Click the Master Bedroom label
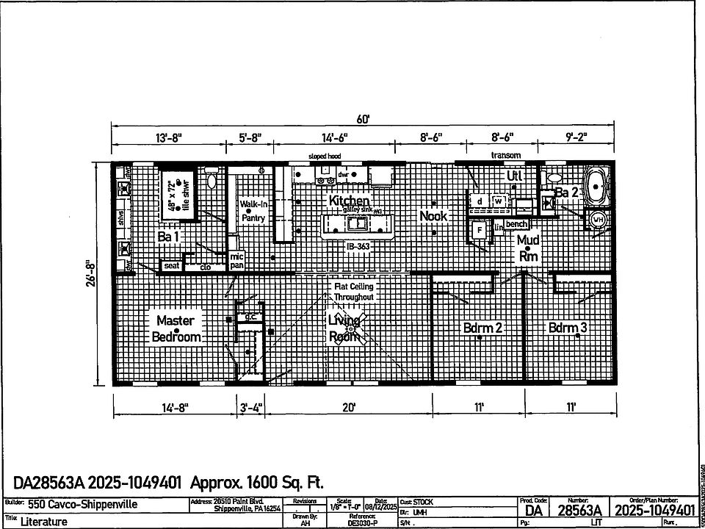coord(176,328)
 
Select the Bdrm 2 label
coord(482,328)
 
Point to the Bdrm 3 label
coord(568,328)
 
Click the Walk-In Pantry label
coord(253,211)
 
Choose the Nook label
coord(433,216)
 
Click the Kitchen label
coord(349,201)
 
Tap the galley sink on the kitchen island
coord(359,223)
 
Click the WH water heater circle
coord(598,219)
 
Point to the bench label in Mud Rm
coord(516,223)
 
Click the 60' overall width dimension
coord(364,119)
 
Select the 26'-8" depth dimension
coord(90,273)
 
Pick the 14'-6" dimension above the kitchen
coord(334,137)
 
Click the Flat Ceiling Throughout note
coord(355,291)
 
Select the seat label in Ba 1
coord(172,265)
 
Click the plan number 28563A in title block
coord(579,510)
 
